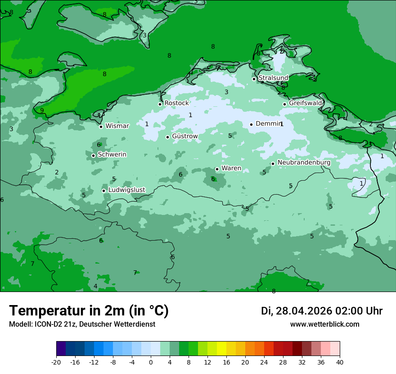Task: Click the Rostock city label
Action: [176, 103]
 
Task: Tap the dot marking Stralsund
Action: [254, 79]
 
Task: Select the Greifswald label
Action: [305, 103]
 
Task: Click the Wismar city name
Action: [117, 126]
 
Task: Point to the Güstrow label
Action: [184, 136]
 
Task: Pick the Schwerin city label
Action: [112, 155]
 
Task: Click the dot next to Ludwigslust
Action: [103, 191]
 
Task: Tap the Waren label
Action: [231, 168]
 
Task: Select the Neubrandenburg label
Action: [304, 163]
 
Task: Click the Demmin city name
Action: [268, 123]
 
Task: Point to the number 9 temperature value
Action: [42, 110]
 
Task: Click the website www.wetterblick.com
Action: [324, 324]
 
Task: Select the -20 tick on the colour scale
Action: [56, 362]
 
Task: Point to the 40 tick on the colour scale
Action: [340, 362]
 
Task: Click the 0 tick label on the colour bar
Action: [151, 362]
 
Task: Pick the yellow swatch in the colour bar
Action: [221, 349]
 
